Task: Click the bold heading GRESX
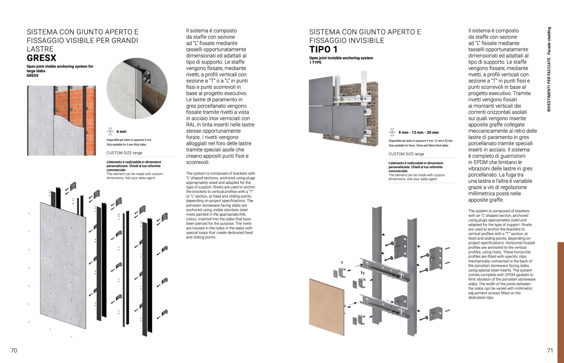41,58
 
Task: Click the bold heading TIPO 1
323,50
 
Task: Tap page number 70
14,351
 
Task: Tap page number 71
550,351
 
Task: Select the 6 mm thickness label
121,132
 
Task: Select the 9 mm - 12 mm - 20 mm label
418,132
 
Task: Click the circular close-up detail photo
137,88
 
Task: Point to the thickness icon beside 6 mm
110,132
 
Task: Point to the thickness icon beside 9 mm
392,132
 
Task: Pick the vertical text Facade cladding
549,41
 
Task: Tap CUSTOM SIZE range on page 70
124,153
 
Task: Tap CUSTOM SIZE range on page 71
406,154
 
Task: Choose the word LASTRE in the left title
40,49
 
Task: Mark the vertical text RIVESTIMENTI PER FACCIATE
549,85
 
